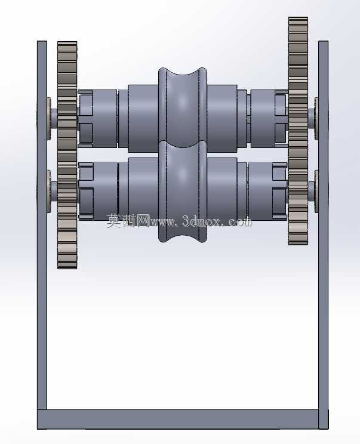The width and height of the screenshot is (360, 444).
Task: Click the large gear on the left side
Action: tap(67, 155)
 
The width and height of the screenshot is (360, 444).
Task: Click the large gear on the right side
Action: tap(298, 131)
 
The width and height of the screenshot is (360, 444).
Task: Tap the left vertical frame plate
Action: tap(42, 225)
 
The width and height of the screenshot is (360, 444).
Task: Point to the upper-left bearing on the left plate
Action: tap(49, 119)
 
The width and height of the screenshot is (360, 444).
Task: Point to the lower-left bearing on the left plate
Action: tap(49, 191)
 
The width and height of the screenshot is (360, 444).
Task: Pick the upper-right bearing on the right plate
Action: tap(316, 119)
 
